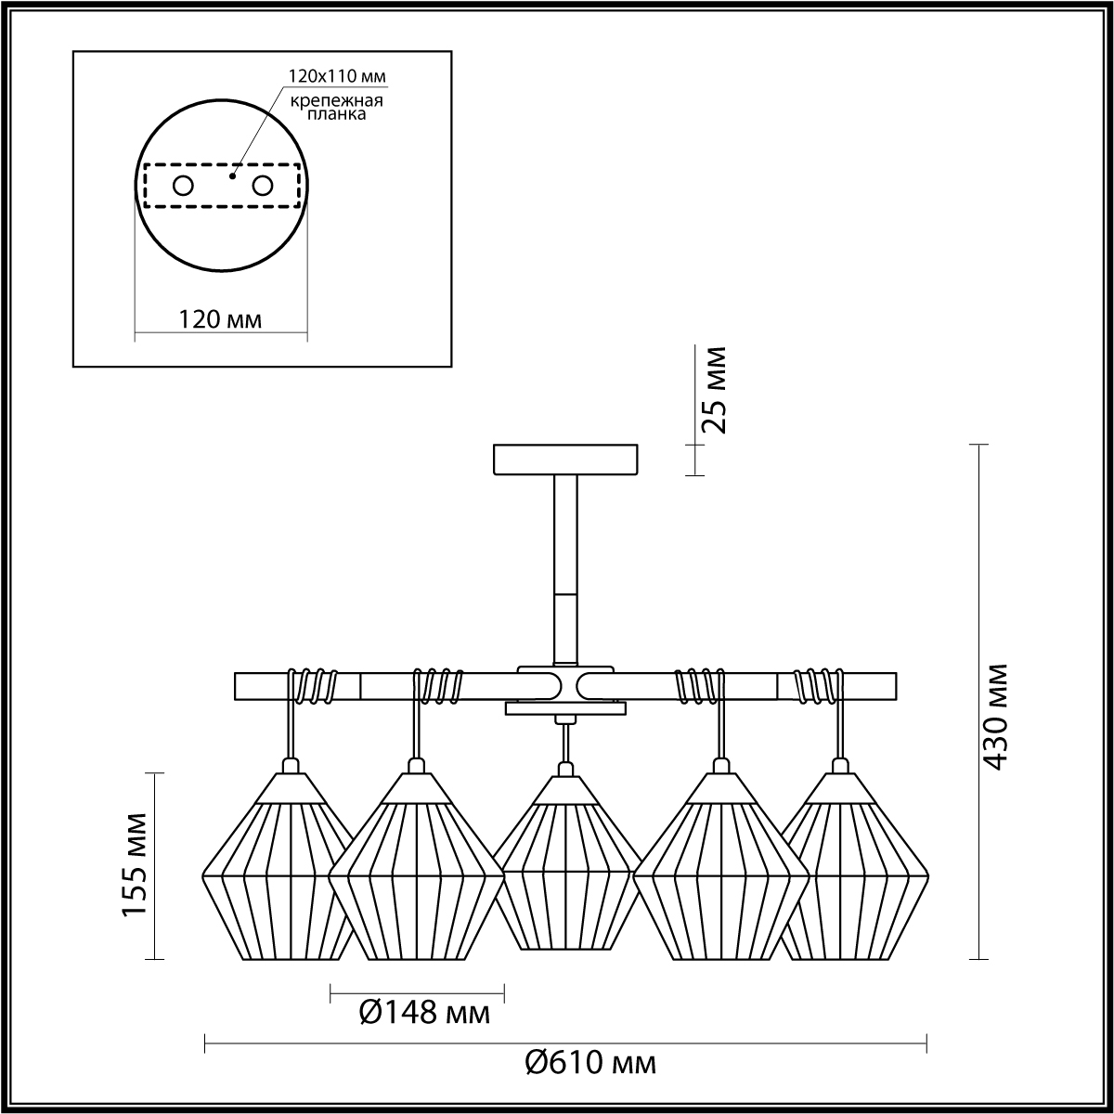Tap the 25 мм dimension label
[x=712, y=390]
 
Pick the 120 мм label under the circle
[x=220, y=319]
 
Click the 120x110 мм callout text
[x=337, y=76]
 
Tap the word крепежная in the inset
[x=336, y=101]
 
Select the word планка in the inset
[x=336, y=114]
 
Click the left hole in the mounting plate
[x=184, y=187]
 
